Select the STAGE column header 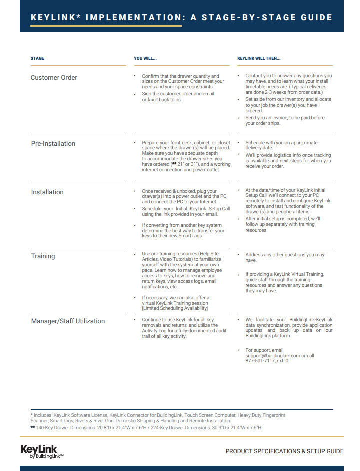tap(37, 59)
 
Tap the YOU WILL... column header tap(145, 59)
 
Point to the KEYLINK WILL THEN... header tap(259, 59)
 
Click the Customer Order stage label tap(54, 78)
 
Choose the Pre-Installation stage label tap(53, 144)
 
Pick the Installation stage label tap(47, 192)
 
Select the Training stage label tap(43, 256)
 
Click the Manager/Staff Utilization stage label tap(68, 321)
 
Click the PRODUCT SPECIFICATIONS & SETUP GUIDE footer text tap(284, 451)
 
